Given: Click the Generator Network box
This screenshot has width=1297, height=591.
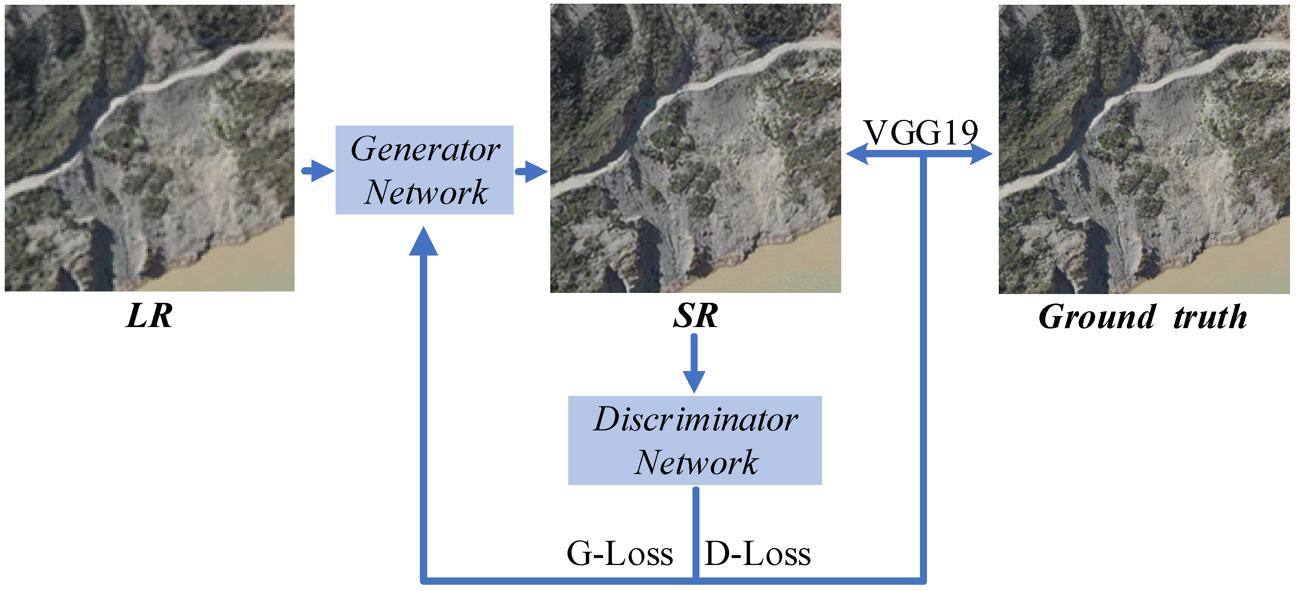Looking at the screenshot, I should [424, 170].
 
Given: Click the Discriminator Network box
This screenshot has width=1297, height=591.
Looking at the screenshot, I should [694, 440].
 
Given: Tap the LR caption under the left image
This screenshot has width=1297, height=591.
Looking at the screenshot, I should [149, 316].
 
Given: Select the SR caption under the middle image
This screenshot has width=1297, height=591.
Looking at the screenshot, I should [695, 316].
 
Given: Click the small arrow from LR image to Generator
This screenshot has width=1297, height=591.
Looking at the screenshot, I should [318, 171].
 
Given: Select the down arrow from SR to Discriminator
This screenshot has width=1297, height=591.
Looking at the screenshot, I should [694, 364].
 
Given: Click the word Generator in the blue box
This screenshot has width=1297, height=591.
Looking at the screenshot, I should [425, 149].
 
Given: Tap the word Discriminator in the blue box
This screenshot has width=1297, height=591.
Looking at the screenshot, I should [695, 419].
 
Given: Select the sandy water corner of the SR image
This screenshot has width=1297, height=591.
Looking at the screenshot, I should [795, 262].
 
